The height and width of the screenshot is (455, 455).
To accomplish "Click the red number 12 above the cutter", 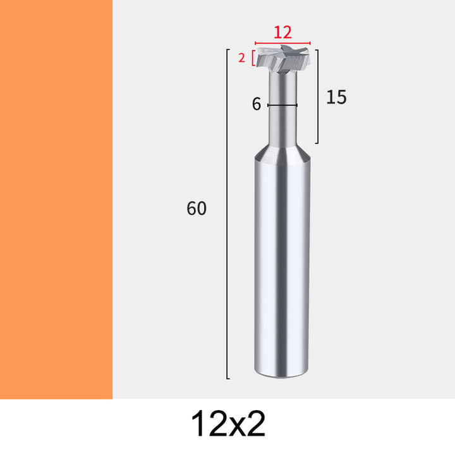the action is [282, 32].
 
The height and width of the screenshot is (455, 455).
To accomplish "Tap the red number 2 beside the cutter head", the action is [241, 58].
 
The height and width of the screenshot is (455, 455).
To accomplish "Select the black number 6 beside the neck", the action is [256, 104].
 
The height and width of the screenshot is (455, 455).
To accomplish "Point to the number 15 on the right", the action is [336, 97].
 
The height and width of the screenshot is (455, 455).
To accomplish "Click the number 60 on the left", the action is [197, 208].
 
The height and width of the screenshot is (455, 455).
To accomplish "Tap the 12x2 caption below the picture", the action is [228, 423].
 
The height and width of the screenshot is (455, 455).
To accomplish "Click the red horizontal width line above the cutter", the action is [282, 43].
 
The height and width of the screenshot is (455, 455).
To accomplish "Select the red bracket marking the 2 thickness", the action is [253, 58].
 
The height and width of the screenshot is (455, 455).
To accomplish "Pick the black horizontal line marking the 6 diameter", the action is [282, 105].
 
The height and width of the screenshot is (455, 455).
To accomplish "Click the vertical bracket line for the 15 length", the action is [318, 96].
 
